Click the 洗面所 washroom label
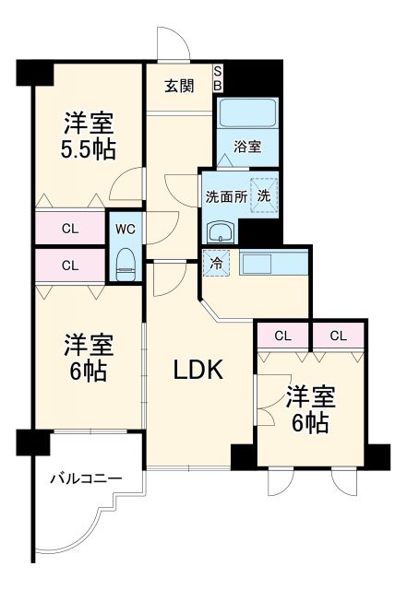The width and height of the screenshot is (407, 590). coord(225,195)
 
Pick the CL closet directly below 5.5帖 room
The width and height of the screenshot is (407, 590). coord(70,228)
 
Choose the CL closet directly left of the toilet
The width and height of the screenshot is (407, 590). coord(70,265)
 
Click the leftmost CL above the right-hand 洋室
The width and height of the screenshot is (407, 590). coord(283,336)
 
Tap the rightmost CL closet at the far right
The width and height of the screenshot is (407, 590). coord(338,336)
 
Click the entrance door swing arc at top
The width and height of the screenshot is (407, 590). coord(171,41)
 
